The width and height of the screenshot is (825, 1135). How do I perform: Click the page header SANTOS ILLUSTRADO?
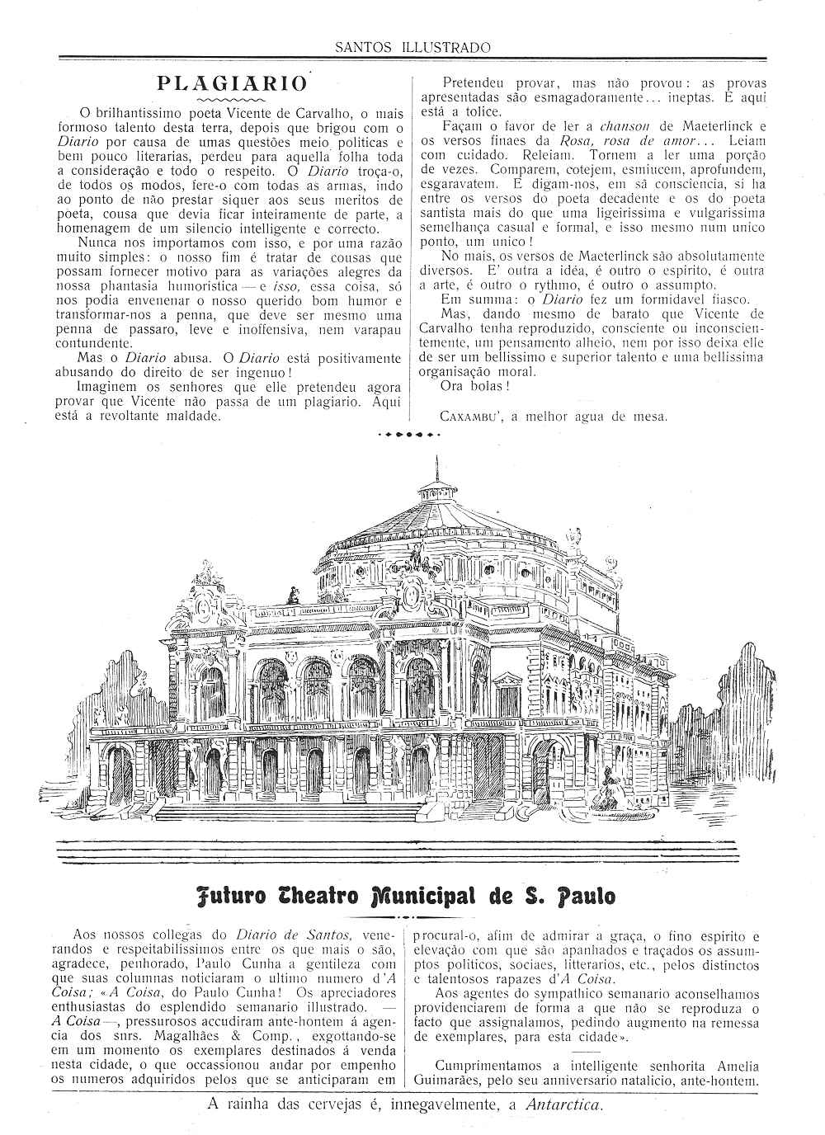pyautogui.click(x=412, y=47)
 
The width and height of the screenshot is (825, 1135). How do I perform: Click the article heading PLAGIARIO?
pyautogui.click(x=232, y=83)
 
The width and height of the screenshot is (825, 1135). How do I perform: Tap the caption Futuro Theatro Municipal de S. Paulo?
pyautogui.click(x=407, y=897)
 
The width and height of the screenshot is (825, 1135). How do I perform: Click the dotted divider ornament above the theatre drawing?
pyautogui.click(x=409, y=433)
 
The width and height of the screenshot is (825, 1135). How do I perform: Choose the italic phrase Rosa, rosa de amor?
pyautogui.click(x=628, y=141)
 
